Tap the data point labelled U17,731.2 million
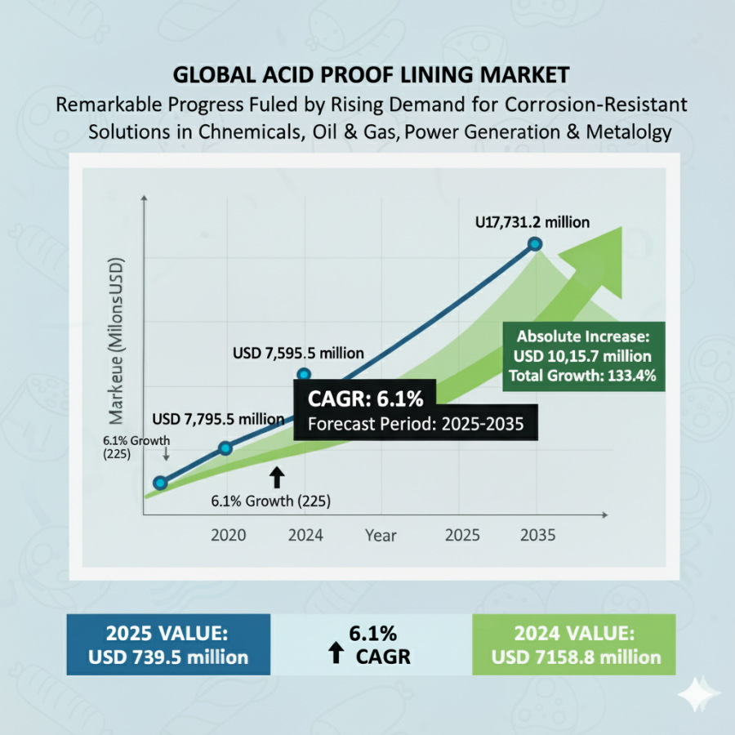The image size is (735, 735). (535, 243)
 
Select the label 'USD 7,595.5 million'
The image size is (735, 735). (298, 354)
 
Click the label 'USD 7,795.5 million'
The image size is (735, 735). (218, 418)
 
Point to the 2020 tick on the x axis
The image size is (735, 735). (229, 536)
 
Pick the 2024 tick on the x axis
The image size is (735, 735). (305, 536)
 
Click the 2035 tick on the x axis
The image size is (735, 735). (537, 536)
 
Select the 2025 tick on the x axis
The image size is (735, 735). (462, 536)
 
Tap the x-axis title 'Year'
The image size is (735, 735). (381, 536)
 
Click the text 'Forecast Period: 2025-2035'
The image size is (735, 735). (415, 424)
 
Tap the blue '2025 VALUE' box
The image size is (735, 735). (169, 645)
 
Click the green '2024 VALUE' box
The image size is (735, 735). (573, 645)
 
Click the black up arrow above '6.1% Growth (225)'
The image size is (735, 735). (277, 477)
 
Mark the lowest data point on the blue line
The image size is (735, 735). (161, 483)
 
